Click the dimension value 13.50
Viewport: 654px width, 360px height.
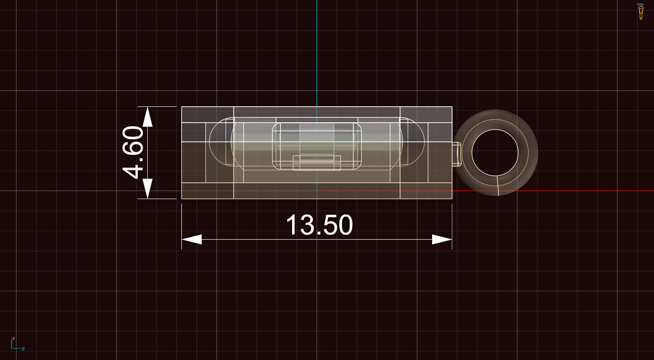point(319,225)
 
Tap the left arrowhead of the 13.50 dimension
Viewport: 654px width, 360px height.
point(192,239)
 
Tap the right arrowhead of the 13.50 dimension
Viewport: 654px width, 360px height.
point(442,239)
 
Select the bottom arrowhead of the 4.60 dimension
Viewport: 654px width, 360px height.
point(147,188)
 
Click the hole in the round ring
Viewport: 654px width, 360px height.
point(495,152)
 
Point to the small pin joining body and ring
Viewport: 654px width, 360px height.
point(456,154)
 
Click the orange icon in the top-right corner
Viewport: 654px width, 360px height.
point(640,11)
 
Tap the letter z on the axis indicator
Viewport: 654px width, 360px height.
point(14,339)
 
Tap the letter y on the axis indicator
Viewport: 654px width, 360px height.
point(23,348)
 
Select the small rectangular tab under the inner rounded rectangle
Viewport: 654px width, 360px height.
point(317,163)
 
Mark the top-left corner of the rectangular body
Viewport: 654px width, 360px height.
point(182,107)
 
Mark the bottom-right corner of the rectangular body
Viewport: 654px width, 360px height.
point(452,198)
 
